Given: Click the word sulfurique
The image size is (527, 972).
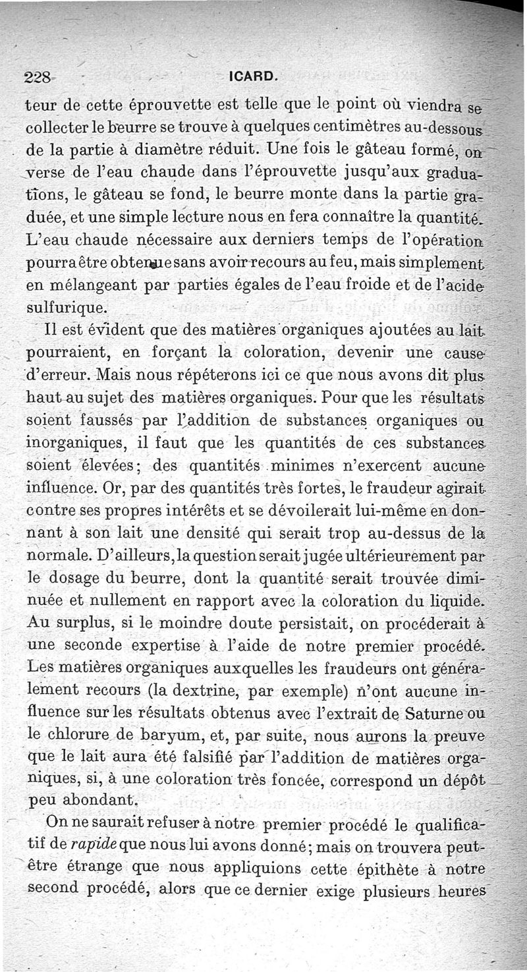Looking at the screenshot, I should click(65, 307).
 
